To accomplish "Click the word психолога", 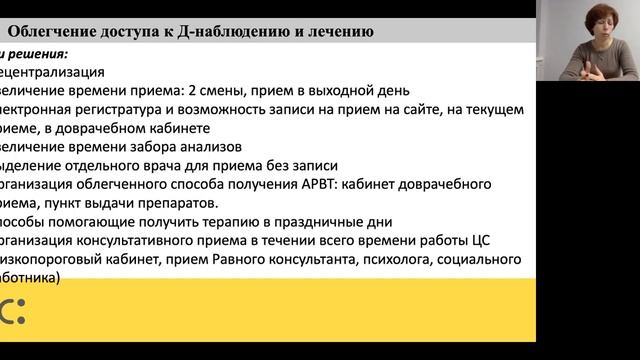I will [x=390, y=259].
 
